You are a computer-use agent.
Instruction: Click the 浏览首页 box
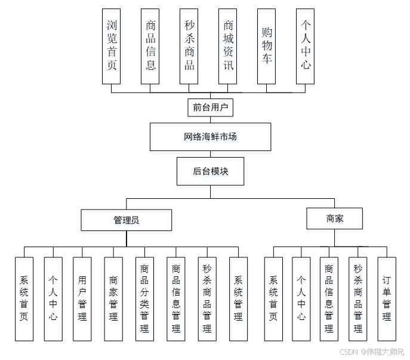tap(112, 46)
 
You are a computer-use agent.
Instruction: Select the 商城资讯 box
tap(228, 46)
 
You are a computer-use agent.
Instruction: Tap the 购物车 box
tap(267, 46)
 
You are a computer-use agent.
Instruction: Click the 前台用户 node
tap(209, 107)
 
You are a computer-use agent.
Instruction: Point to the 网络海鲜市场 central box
tap(210, 137)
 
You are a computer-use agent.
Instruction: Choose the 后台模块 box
tap(210, 171)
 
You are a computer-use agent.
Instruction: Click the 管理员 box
tap(127, 220)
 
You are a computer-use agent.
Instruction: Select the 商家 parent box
tap(334, 219)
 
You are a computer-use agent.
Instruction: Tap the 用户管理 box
tap(82, 299)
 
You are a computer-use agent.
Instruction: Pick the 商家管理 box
tap(113, 299)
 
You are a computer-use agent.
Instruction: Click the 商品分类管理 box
tap(144, 299)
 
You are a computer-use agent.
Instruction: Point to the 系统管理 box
tap(238, 299)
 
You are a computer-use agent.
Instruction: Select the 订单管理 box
tap(387, 299)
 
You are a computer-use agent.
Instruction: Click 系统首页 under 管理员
tap(24, 299)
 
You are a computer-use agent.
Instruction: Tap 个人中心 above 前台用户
tap(306, 46)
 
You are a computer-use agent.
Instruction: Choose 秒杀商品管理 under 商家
tap(358, 299)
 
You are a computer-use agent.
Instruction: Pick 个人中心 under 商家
tap(301, 299)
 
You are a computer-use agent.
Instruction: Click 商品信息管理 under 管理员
tap(176, 299)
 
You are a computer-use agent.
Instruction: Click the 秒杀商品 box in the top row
tap(189, 46)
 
